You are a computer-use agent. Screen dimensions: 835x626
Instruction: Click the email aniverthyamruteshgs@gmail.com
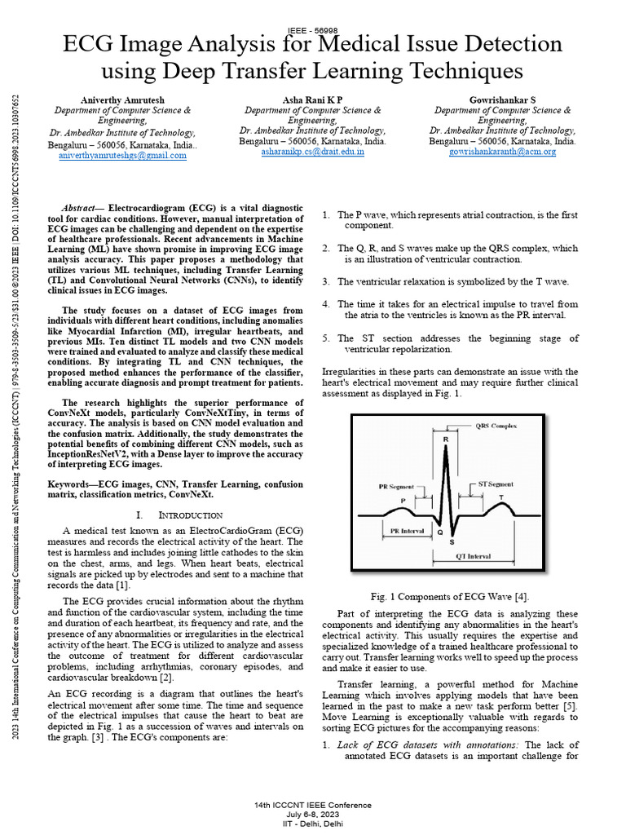(x=122, y=155)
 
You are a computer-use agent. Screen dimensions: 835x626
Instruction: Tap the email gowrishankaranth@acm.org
(x=502, y=152)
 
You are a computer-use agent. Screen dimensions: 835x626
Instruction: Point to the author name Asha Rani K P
(x=313, y=99)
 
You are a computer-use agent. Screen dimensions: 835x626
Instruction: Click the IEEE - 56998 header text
(x=313, y=29)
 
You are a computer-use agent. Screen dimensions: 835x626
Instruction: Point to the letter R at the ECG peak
(x=445, y=440)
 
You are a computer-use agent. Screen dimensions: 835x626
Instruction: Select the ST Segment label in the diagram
(x=495, y=484)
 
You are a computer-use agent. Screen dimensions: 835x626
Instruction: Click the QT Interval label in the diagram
(x=472, y=556)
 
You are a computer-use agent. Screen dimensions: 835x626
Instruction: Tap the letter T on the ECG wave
(x=500, y=497)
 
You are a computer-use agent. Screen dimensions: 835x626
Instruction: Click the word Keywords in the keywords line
(x=73, y=484)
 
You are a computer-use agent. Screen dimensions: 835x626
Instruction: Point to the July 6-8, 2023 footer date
(x=313, y=814)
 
